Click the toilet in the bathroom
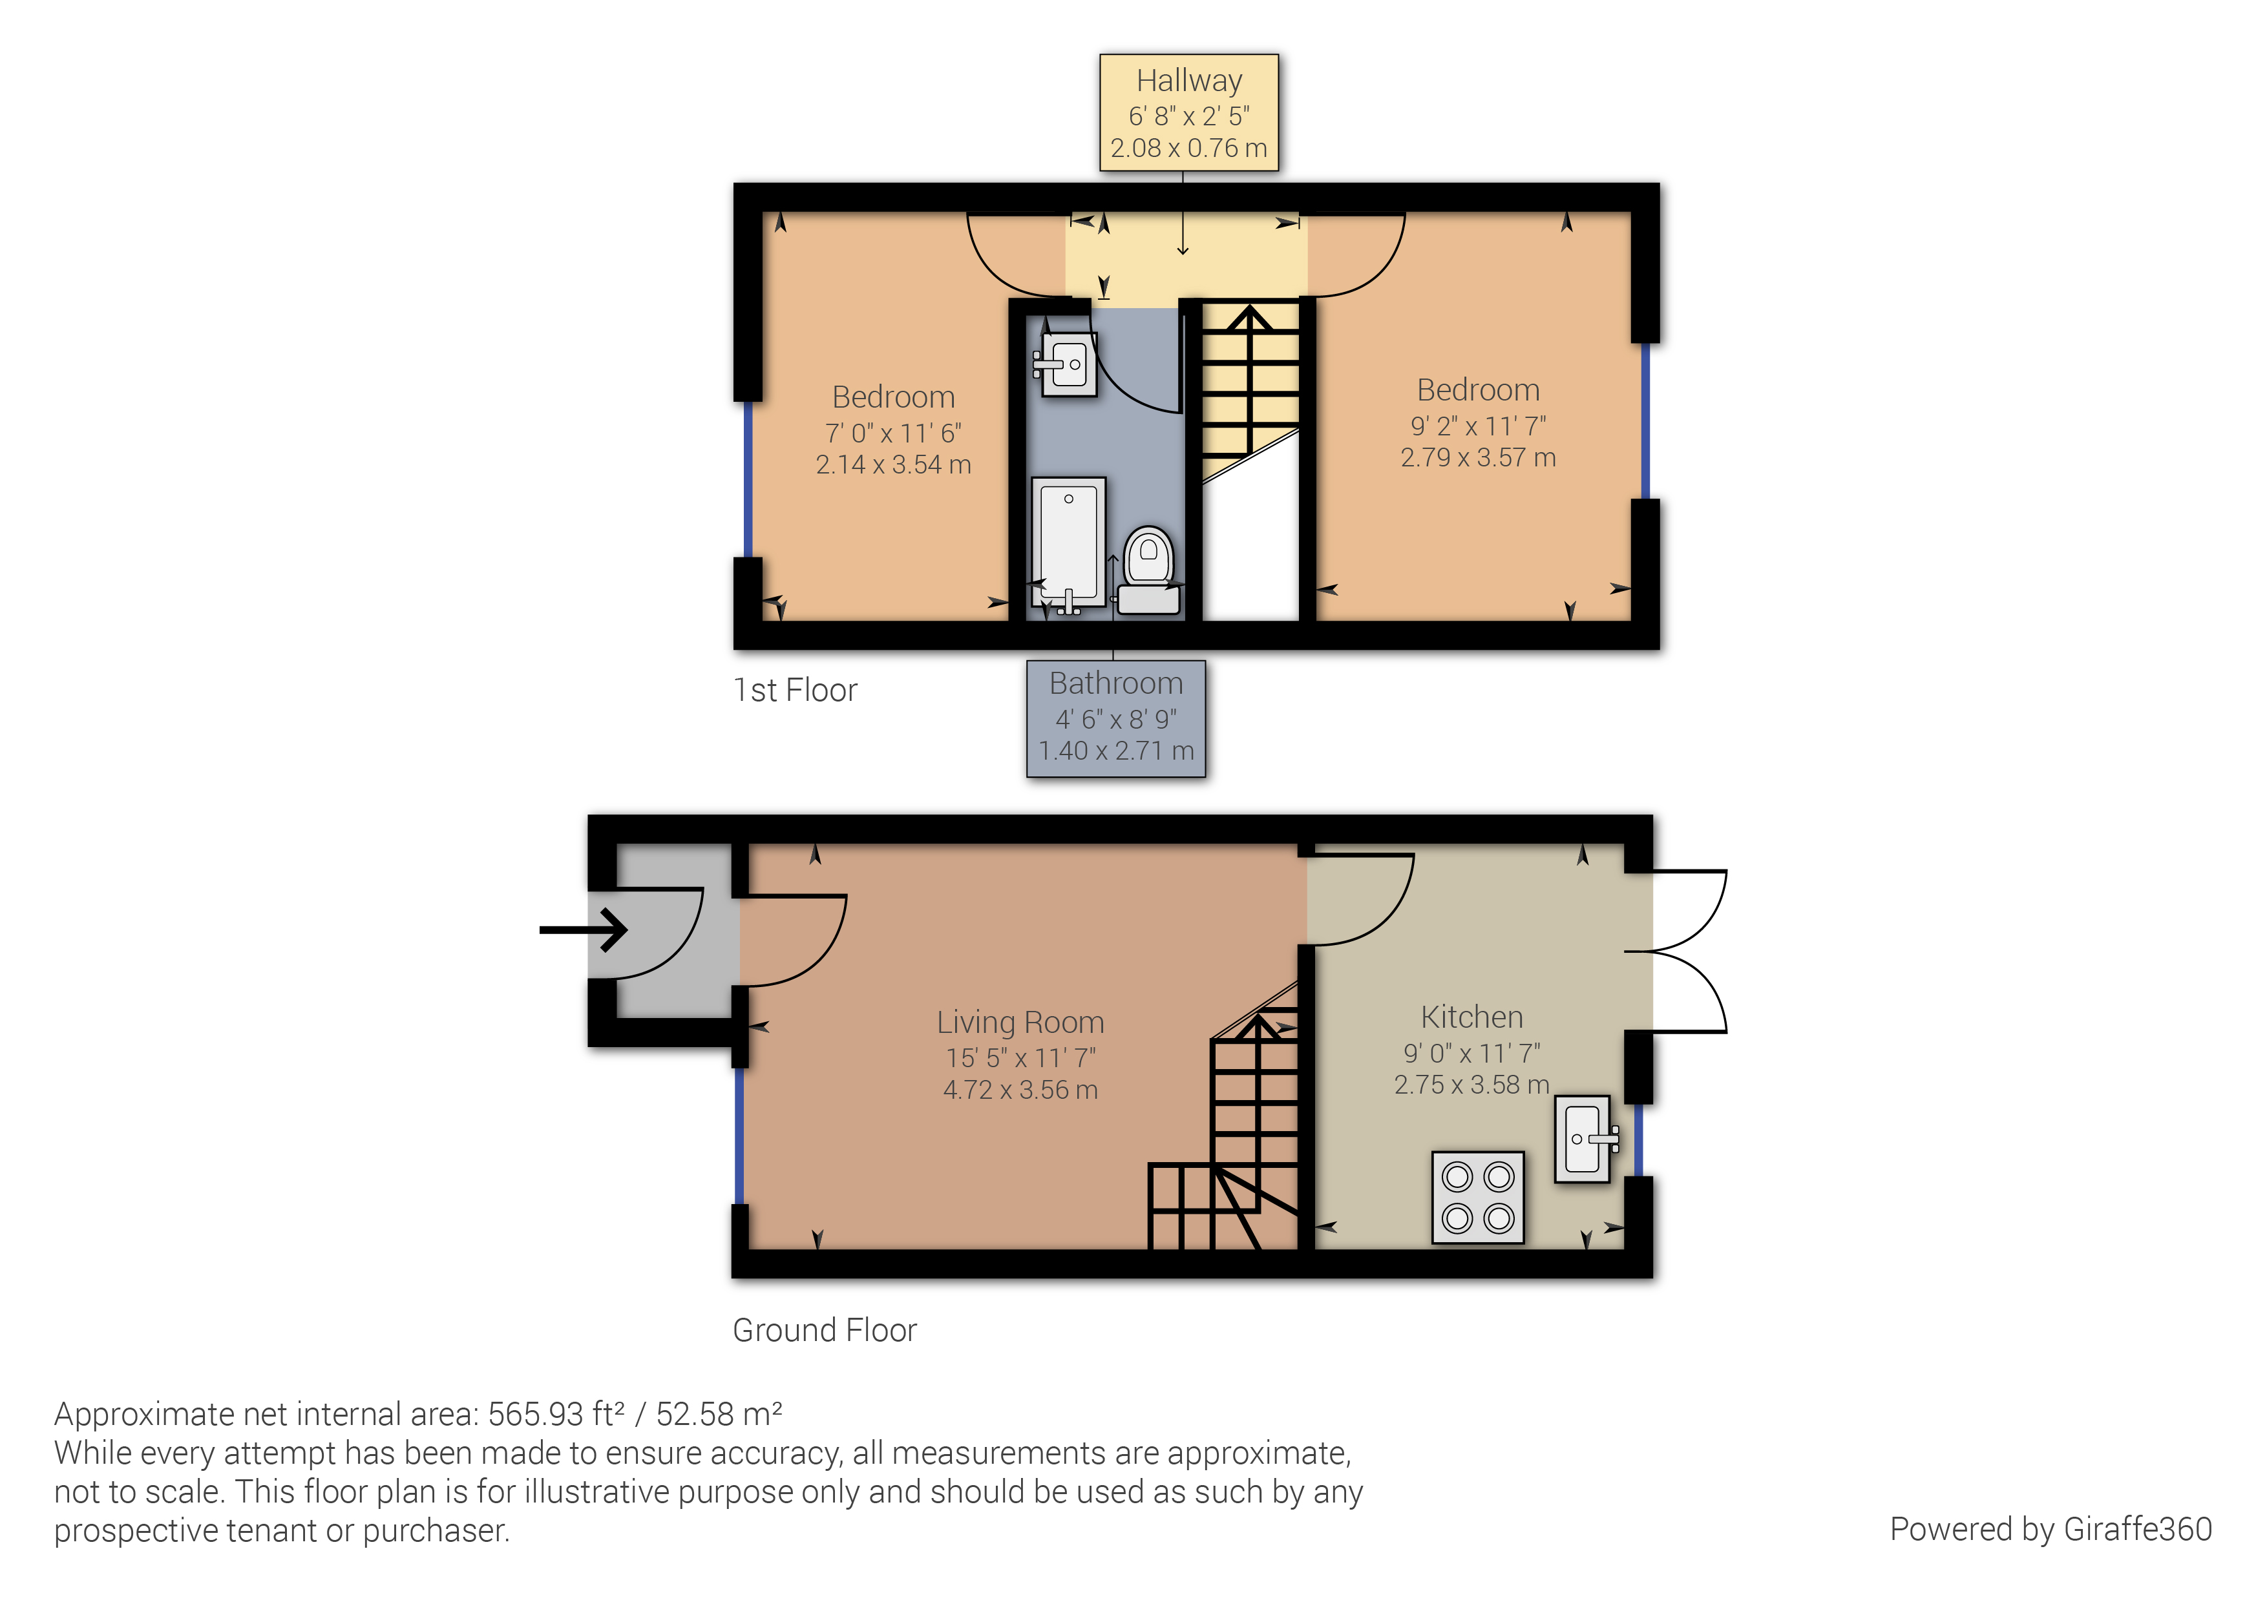coord(1148,570)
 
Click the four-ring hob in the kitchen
coord(1477,1196)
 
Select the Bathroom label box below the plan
coord(1115,718)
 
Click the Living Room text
coord(1020,1022)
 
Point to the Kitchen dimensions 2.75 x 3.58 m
coord(1471,1084)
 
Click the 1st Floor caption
coord(795,690)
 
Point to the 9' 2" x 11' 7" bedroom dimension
coord(1477,426)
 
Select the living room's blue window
coord(739,1135)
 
